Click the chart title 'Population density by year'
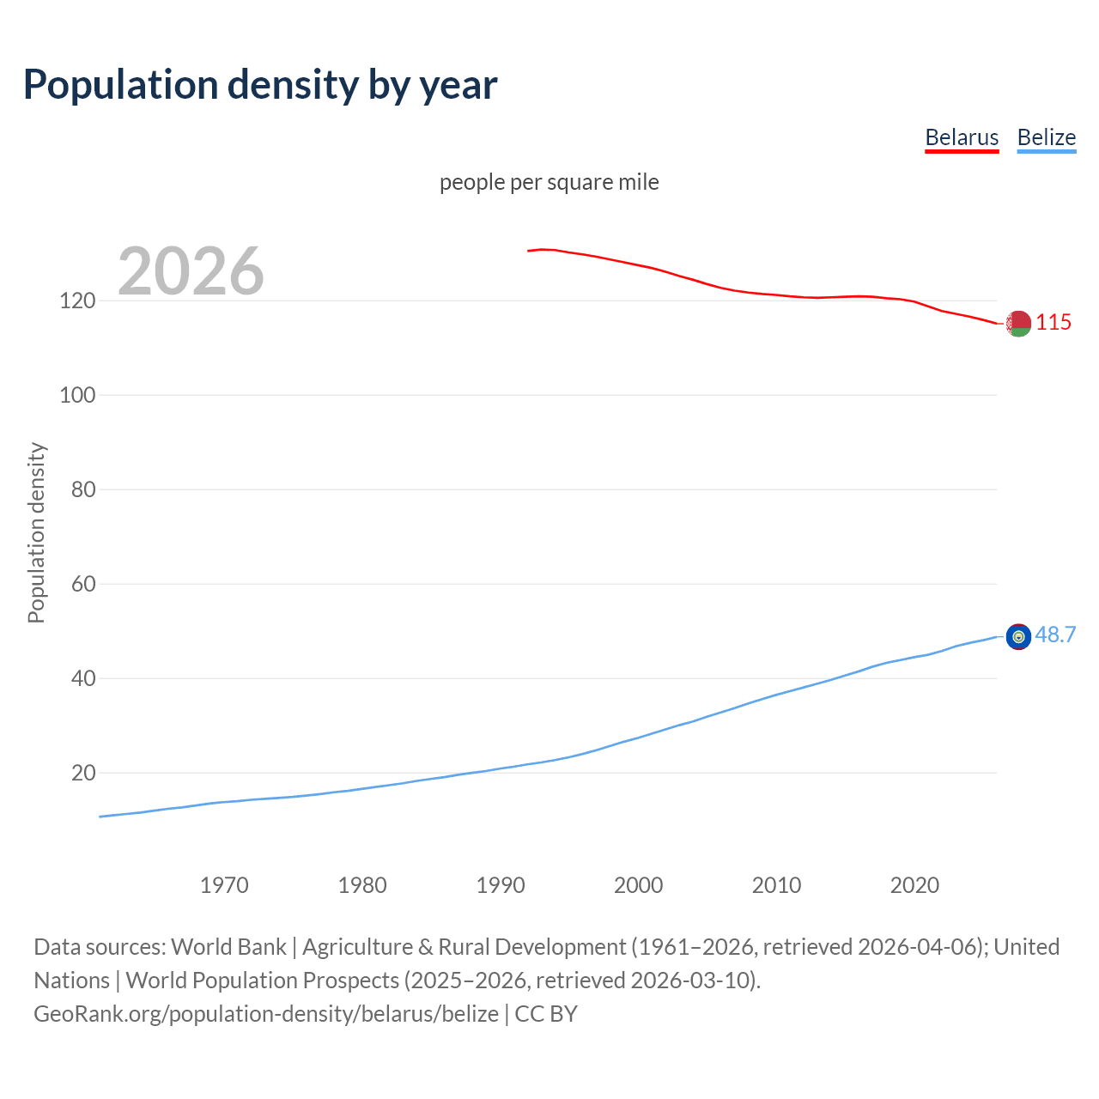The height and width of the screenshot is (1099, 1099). pos(260,85)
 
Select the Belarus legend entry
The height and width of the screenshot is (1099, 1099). pos(962,137)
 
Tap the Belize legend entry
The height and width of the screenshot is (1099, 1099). pos(1046,137)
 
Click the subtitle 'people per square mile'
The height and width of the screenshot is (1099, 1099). pos(549,182)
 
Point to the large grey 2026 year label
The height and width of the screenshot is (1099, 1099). pos(191,270)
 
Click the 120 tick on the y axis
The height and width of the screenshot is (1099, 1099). pos(77,301)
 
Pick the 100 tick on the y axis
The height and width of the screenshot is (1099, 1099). pos(77,395)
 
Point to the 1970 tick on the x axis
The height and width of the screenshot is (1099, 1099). pos(224,885)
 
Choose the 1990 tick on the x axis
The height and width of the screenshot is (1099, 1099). pos(501,885)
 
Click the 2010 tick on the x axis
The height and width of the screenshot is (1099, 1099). pos(776,885)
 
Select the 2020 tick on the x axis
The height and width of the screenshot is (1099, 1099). pos(914,885)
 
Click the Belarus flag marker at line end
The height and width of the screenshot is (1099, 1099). pos(1018,324)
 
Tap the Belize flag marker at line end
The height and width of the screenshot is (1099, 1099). pos(1018,636)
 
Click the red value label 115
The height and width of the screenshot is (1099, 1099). pos(1053,322)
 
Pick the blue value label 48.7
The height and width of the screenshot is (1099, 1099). pos(1055,635)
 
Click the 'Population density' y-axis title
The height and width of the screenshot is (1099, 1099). pos(36,532)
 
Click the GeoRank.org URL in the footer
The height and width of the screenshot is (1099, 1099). pos(266,1013)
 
